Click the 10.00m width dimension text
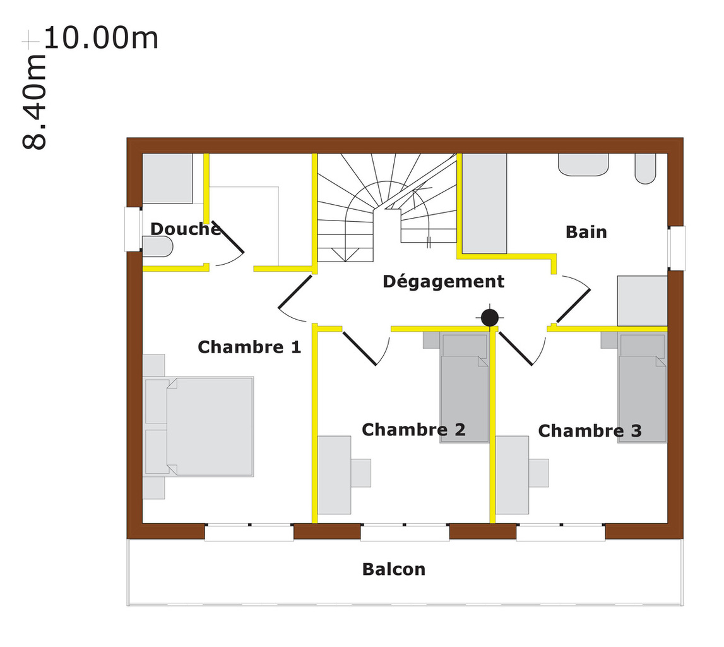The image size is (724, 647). [x=101, y=38]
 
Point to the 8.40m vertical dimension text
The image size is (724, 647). [x=35, y=102]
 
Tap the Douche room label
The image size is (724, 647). [x=186, y=229]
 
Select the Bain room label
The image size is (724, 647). [x=586, y=232]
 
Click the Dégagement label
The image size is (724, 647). [x=443, y=281]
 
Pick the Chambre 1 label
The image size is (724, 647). [x=249, y=347]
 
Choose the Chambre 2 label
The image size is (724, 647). [x=413, y=430]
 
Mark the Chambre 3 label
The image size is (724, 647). [x=590, y=431]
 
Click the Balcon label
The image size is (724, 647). [x=394, y=569]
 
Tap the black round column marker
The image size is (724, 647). [x=489, y=318]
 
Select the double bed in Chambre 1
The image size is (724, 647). [x=199, y=426]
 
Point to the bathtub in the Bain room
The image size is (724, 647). [x=484, y=203]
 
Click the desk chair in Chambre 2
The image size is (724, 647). [x=360, y=473]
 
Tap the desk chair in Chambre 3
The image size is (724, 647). [x=538, y=473]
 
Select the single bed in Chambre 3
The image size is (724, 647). [x=643, y=388]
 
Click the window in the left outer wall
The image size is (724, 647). [x=133, y=229]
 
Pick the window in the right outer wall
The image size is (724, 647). [x=677, y=248]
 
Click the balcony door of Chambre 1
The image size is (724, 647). [x=249, y=532]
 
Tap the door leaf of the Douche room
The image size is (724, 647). [x=228, y=238]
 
